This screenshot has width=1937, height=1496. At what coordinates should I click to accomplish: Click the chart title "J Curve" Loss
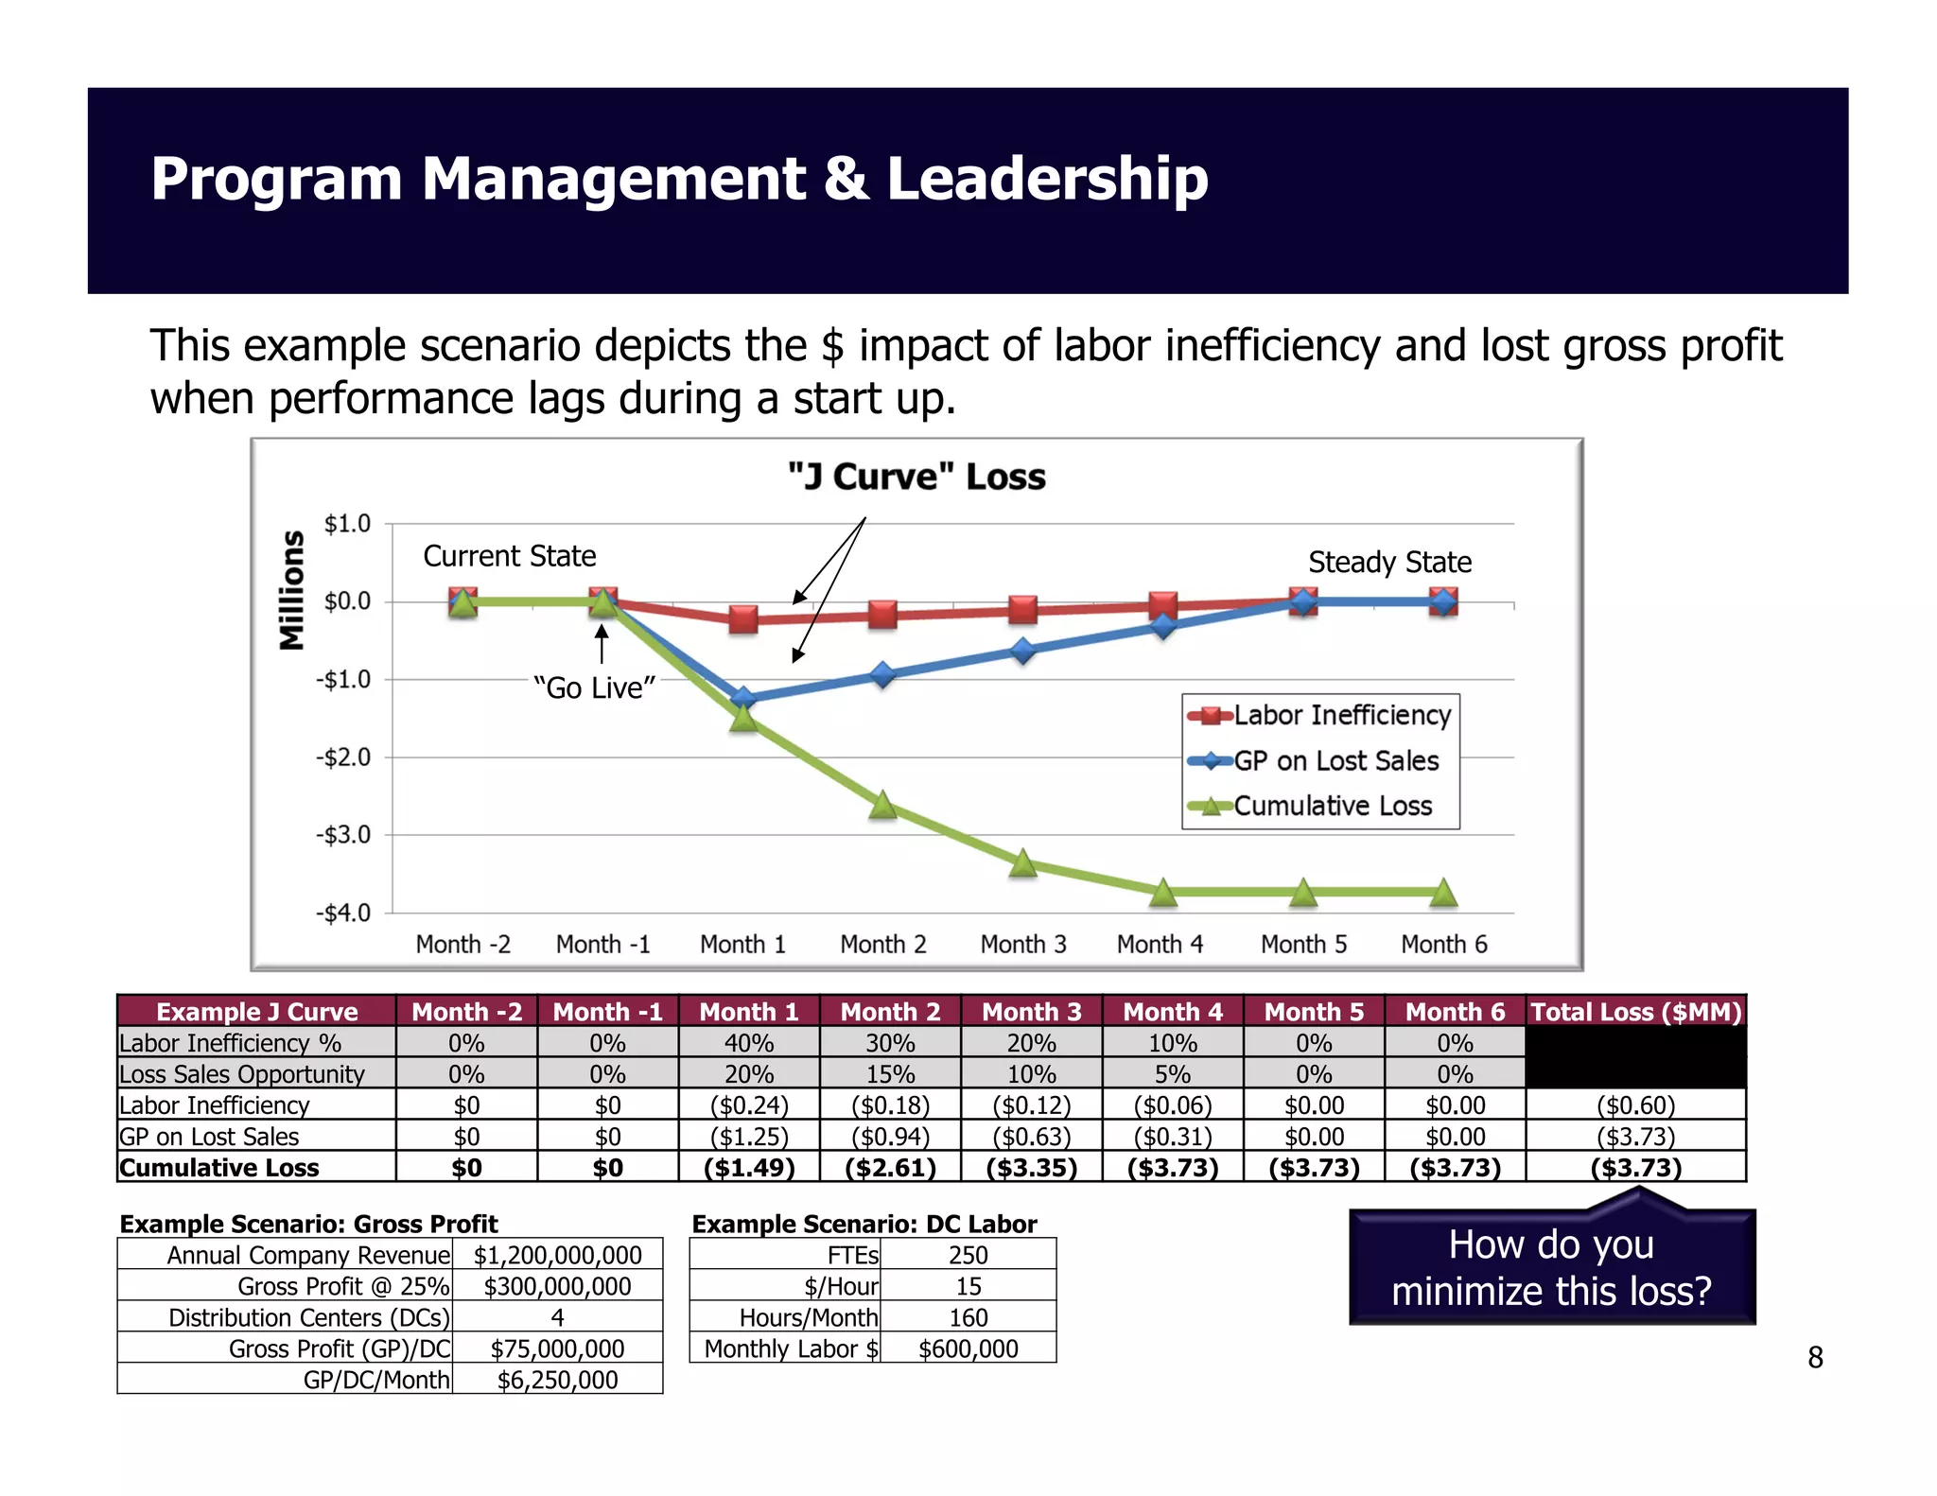point(916,477)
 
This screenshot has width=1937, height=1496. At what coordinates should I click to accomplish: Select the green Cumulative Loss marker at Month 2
point(882,805)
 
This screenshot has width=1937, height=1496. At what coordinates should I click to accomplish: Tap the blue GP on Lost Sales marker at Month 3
point(1022,651)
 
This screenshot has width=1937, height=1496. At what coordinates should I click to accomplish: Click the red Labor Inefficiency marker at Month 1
point(743,619)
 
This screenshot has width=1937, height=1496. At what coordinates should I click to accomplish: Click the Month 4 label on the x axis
point(1160,944)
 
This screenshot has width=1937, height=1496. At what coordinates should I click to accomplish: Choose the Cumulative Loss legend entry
point(1332,806)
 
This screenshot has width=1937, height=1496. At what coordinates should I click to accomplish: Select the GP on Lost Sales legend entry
point(1335,761)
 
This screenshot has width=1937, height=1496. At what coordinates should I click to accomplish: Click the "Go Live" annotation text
point(594,687)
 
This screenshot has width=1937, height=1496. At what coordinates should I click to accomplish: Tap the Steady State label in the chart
point(1389,563)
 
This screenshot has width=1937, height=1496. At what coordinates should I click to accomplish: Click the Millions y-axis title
point(292,590)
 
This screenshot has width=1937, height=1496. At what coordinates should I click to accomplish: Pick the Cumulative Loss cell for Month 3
point(1031,1168)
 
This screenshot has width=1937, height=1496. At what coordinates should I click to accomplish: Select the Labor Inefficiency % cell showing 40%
point(749,1043)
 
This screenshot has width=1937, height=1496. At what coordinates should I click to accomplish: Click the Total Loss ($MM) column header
point(1635,1012)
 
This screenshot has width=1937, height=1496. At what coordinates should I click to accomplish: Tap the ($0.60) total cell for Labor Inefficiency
point(1635,1105)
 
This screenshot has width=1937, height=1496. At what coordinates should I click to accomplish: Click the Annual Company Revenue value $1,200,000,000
point(557,1255)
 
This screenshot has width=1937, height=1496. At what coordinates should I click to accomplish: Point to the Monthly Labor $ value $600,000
point(968,1348)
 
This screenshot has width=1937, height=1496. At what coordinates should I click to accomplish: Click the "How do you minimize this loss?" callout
point(1551,1267)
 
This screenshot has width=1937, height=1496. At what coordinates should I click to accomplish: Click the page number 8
point(1814,1358)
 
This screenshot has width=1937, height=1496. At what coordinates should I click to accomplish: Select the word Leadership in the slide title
point(1047,179)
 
